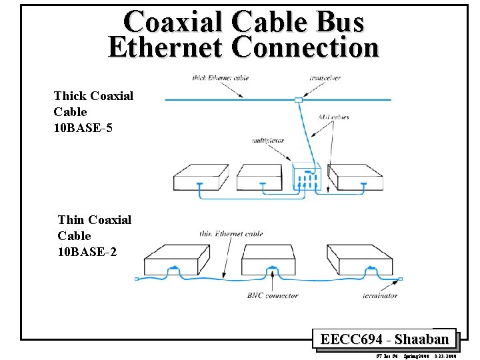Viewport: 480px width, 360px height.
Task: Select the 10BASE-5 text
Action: tap(83, 127)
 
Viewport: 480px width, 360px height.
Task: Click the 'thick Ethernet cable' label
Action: tap(220, 77)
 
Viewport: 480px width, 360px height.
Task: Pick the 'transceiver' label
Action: tap(325, 77)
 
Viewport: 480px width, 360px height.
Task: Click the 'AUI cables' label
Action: tap(333, 117)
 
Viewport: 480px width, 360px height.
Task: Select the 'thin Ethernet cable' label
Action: tap(231, 233)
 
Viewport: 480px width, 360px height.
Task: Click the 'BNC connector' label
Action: tap(273, 295)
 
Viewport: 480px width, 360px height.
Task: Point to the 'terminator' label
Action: tap(380, 295)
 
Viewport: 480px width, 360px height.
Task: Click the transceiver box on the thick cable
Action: tap(298, 100)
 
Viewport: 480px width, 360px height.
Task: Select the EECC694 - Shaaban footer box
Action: tap(384, 339)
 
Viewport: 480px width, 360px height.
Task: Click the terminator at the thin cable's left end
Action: tap(137, 279)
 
